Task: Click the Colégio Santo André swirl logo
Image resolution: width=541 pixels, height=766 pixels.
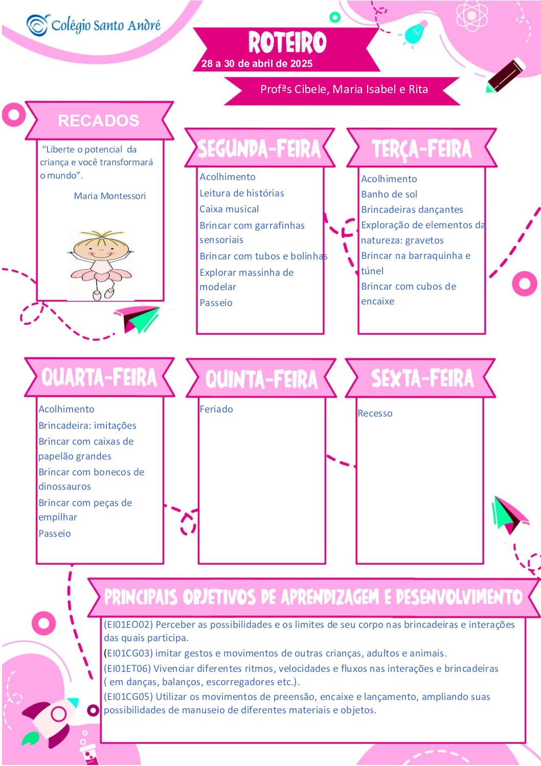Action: (x=38, y=25)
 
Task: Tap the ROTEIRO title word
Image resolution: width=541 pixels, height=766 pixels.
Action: (x=287, y=42)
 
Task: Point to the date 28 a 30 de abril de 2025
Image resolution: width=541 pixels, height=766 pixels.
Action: (x=257, y=63)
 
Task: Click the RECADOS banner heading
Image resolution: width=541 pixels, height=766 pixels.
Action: (x=98, y=121)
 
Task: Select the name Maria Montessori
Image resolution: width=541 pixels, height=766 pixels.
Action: (x=110, y=196)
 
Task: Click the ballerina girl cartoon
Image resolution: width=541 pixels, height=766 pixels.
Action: (x=100, y=265)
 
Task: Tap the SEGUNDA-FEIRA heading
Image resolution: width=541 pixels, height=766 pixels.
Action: (x=259, y=149)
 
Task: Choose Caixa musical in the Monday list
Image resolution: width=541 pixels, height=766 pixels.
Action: (x=229, y=209)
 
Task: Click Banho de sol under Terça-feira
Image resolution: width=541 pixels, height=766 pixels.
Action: (x=389, y=194)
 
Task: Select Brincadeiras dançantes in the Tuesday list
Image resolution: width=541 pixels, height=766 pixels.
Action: (x=412, y=210)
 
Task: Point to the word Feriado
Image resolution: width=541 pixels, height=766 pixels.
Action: (x=216, y=409)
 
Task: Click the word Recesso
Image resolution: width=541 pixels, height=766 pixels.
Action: (x=375, y=413)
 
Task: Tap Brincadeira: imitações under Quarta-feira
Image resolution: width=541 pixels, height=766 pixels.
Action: (x=87, y=425)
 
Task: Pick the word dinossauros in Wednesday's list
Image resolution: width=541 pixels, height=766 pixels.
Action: (x=64, y=486)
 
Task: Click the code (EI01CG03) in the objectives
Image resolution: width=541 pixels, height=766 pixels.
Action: (x=128, y=653)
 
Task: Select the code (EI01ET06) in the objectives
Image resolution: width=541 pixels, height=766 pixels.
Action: (x=127, y=668)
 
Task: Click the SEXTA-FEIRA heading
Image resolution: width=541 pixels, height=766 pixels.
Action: (x=422, y=379)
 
